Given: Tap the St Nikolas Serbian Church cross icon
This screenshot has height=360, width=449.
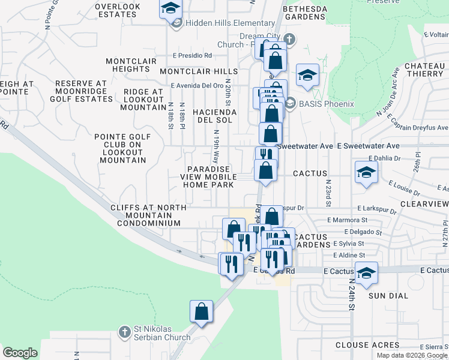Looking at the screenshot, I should click(125, 331).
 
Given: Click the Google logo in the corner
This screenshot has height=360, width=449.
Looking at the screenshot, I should click(20, 353).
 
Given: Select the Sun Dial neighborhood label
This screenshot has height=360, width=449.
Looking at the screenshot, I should click(388, 296).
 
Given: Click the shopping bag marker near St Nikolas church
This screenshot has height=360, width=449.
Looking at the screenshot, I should click(202, 312).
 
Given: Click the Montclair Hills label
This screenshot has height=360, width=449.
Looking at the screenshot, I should click(199, 71).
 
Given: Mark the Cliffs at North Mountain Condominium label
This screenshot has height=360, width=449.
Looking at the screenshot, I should click(145, 215).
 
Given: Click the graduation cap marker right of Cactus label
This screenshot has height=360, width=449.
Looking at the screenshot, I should click(366, 173).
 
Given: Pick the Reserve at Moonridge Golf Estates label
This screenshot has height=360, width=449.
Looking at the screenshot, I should click(80, 91).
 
